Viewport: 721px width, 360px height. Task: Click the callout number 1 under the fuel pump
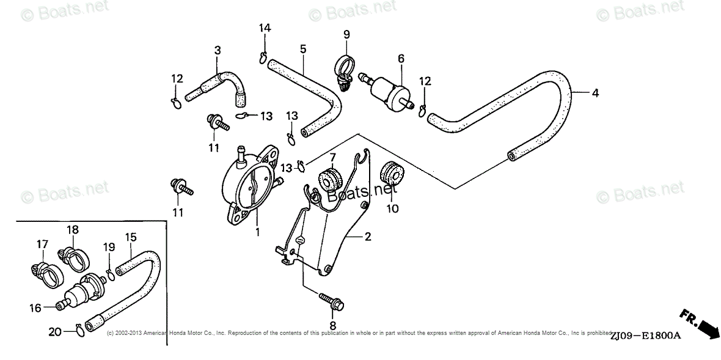tap(257, 232)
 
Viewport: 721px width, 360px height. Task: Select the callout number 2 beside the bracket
tap(368, 237)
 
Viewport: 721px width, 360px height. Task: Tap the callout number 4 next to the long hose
tap(595, 93)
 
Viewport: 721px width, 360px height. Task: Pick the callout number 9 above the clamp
tap(346, 34)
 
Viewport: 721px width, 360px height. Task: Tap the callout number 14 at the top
tap(264, 28)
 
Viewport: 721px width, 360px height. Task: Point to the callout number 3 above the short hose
tap(217, 50)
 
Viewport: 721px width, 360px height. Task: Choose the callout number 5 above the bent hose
tap(302, 49)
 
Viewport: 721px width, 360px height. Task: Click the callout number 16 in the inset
tap(36, 308)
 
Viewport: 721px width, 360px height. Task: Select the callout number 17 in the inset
tap(42, 244)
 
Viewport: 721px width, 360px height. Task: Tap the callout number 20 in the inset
tap(54, 332)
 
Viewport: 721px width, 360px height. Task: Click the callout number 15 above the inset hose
tap(131, 237)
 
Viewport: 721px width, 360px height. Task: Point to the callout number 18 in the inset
tap(73, 230)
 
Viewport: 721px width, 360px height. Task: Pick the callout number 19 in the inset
tap(109, 247)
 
